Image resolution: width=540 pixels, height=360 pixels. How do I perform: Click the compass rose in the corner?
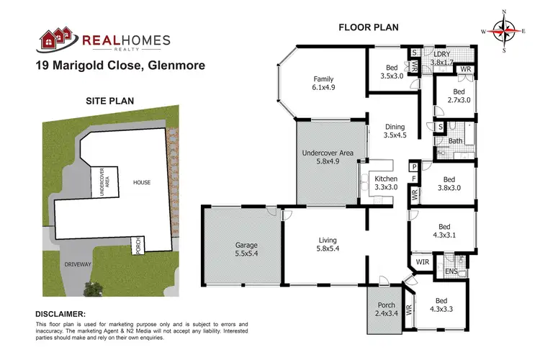503,30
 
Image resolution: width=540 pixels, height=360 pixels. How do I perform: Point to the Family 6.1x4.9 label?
324,83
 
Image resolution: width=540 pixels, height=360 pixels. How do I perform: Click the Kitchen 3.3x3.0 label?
386,183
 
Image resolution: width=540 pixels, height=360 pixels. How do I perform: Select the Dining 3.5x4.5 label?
395,130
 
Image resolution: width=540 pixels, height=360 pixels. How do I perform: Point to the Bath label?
454,141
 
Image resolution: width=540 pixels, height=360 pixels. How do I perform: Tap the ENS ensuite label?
451,271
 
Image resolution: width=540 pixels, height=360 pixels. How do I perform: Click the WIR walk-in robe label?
423,262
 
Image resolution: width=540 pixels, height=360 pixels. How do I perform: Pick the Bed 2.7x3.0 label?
459,96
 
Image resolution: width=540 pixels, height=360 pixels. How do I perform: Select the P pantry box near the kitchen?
414,166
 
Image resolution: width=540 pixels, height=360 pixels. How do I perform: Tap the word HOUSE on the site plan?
142,182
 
